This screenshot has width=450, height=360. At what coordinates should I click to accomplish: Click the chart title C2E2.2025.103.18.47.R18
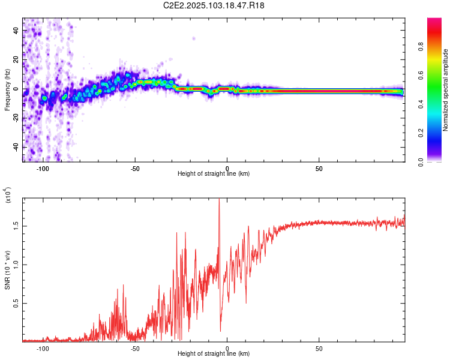[214, 5]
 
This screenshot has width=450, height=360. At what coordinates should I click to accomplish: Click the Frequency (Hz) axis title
[7, 89]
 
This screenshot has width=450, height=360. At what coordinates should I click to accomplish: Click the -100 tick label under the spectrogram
[43, 169]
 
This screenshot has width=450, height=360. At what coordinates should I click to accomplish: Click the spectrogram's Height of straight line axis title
[214, 174]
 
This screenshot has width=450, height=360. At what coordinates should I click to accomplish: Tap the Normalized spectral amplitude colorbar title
[445, 89]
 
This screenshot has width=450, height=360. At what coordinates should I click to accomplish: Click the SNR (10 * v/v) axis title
[7, 268]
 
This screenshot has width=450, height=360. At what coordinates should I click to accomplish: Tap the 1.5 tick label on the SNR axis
[14, 226]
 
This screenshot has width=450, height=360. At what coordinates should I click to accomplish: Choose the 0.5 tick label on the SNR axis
[14, 304]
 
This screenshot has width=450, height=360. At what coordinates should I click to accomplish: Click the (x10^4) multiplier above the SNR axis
[7, 196]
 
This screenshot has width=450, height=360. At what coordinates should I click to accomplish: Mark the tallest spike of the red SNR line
[219, 200]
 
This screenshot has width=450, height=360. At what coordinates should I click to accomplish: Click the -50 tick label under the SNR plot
[135, 349]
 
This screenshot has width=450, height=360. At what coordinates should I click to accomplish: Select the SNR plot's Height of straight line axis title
[214, 354]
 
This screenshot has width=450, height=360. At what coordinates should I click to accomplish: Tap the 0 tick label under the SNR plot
[227, 349]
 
